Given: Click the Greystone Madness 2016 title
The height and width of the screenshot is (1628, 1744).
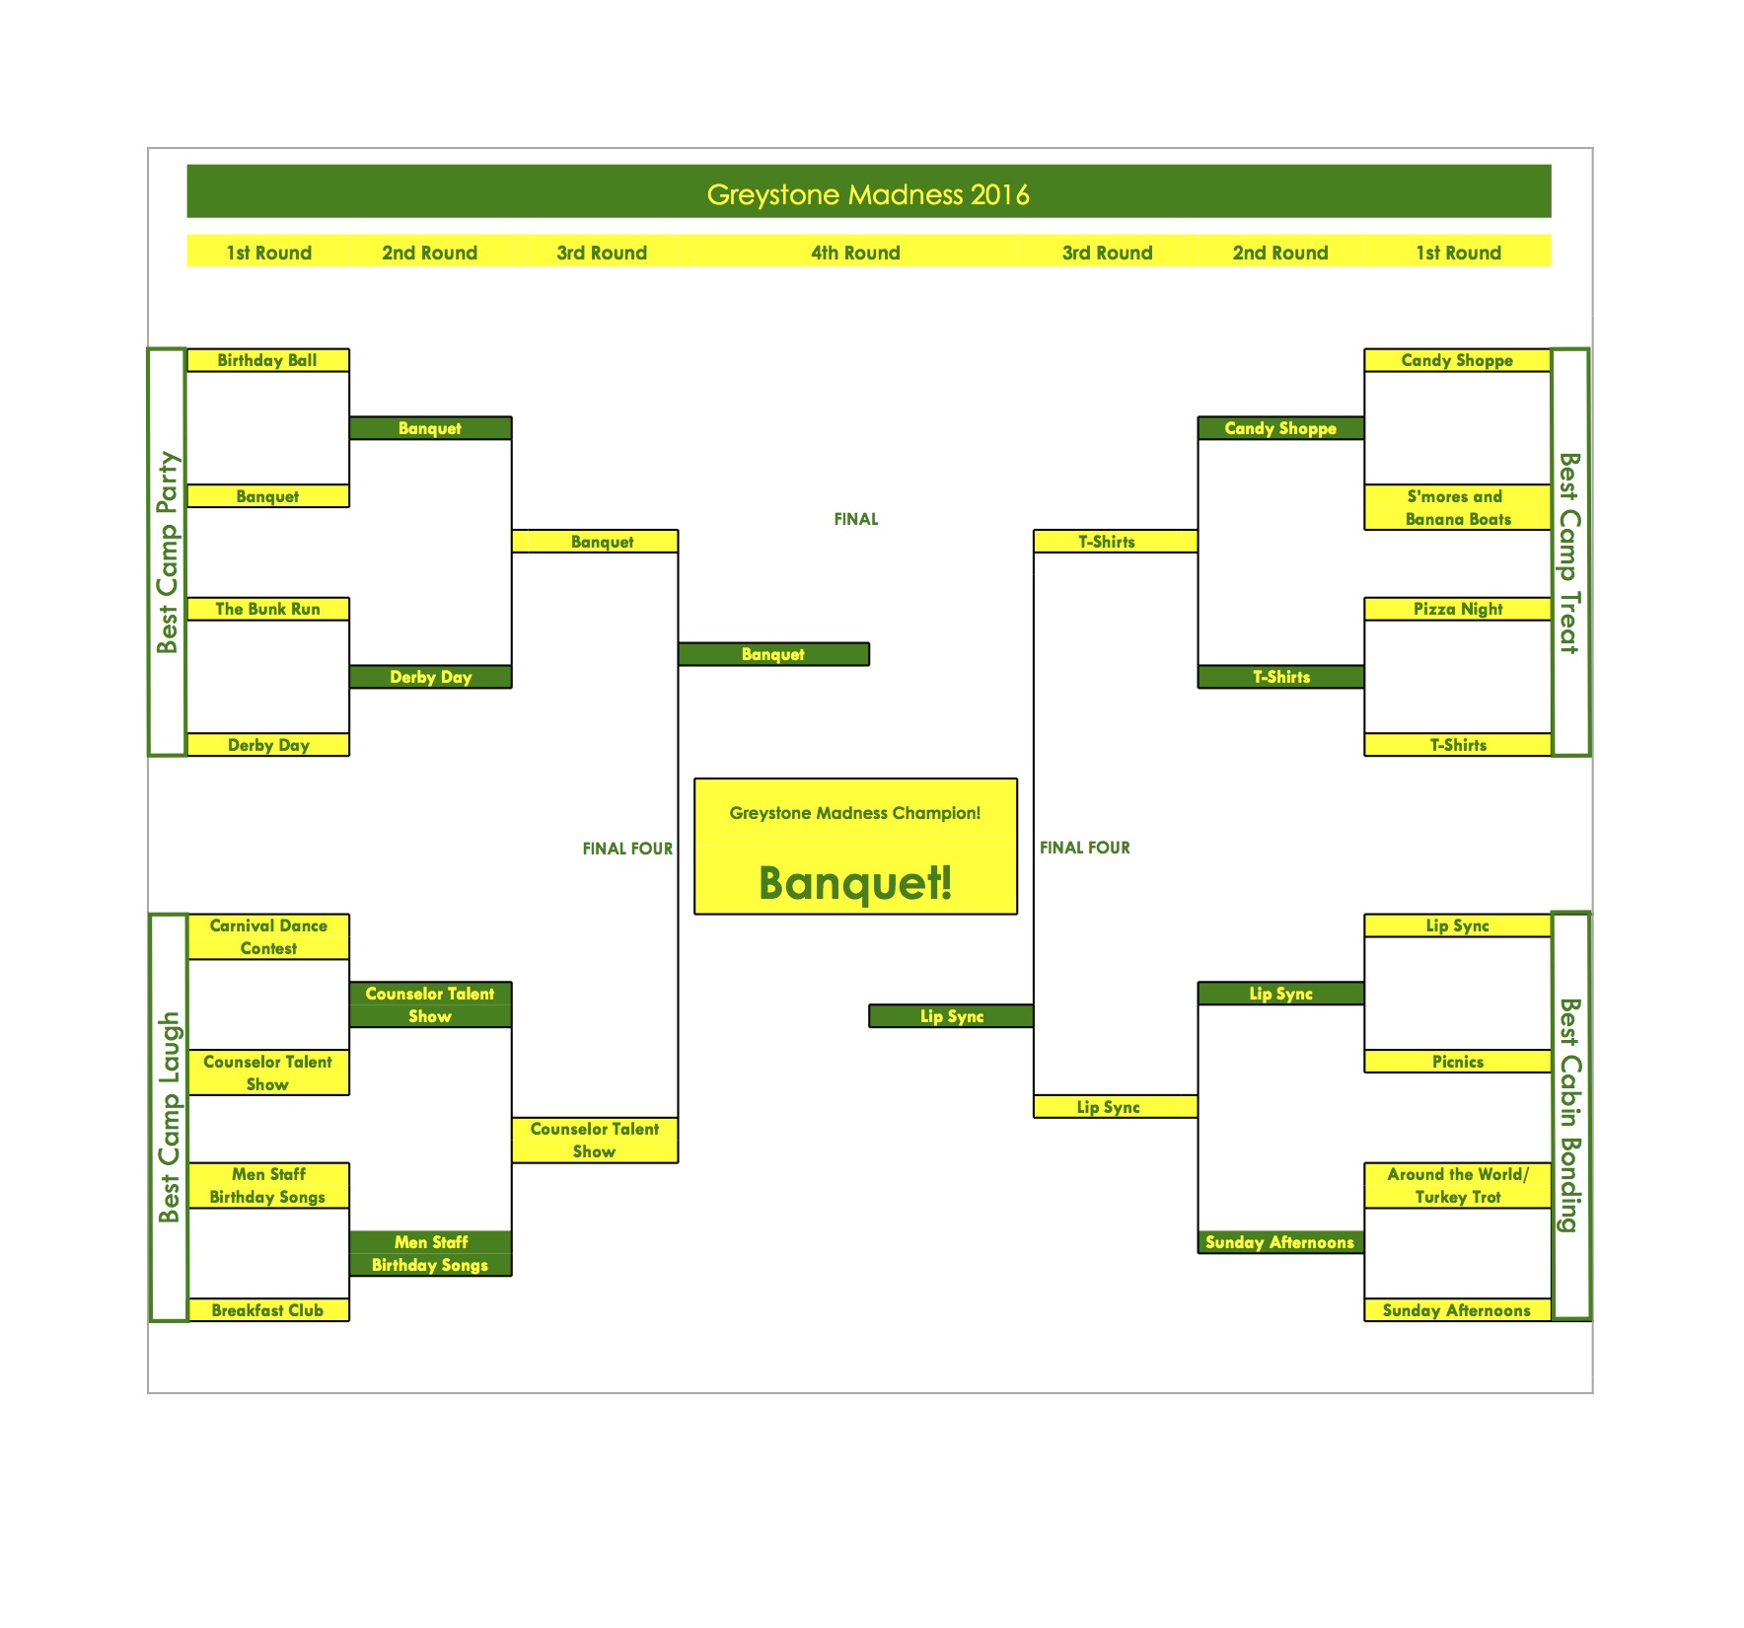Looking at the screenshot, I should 868,194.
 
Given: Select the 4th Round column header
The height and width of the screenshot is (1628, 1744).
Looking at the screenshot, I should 855,253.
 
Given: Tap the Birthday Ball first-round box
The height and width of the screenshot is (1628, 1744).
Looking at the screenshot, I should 267,360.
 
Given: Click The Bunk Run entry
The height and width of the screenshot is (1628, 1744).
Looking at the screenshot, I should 267,609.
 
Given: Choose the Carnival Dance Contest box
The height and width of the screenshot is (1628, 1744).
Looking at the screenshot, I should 268,936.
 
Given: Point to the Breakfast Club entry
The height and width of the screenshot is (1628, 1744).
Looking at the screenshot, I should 267,1310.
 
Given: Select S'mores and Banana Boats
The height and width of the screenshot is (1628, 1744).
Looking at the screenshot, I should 1457,507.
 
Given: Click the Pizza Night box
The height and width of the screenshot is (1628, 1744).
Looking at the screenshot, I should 1457,609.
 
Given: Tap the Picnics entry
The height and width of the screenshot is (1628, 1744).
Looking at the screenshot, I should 1457,1062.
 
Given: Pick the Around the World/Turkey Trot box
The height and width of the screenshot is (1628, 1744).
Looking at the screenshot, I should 1457,1185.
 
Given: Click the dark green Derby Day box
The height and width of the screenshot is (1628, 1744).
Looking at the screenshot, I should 430,677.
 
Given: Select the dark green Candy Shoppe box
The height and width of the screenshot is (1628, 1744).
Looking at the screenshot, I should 1280,428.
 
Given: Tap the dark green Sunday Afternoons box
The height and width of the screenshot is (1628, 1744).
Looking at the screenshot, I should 1280,1242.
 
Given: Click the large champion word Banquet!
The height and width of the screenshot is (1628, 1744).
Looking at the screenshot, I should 855,882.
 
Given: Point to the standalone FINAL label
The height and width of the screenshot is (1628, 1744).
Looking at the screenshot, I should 855,519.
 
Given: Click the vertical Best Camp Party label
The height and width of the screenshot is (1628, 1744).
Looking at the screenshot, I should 168,553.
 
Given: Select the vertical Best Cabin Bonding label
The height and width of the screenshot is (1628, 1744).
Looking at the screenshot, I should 1570,1115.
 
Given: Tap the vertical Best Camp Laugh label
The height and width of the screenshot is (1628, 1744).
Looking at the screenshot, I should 169,1117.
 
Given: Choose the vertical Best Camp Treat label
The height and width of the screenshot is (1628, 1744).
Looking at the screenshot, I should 1570,553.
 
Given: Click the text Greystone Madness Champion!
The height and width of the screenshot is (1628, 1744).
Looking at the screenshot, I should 855,813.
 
